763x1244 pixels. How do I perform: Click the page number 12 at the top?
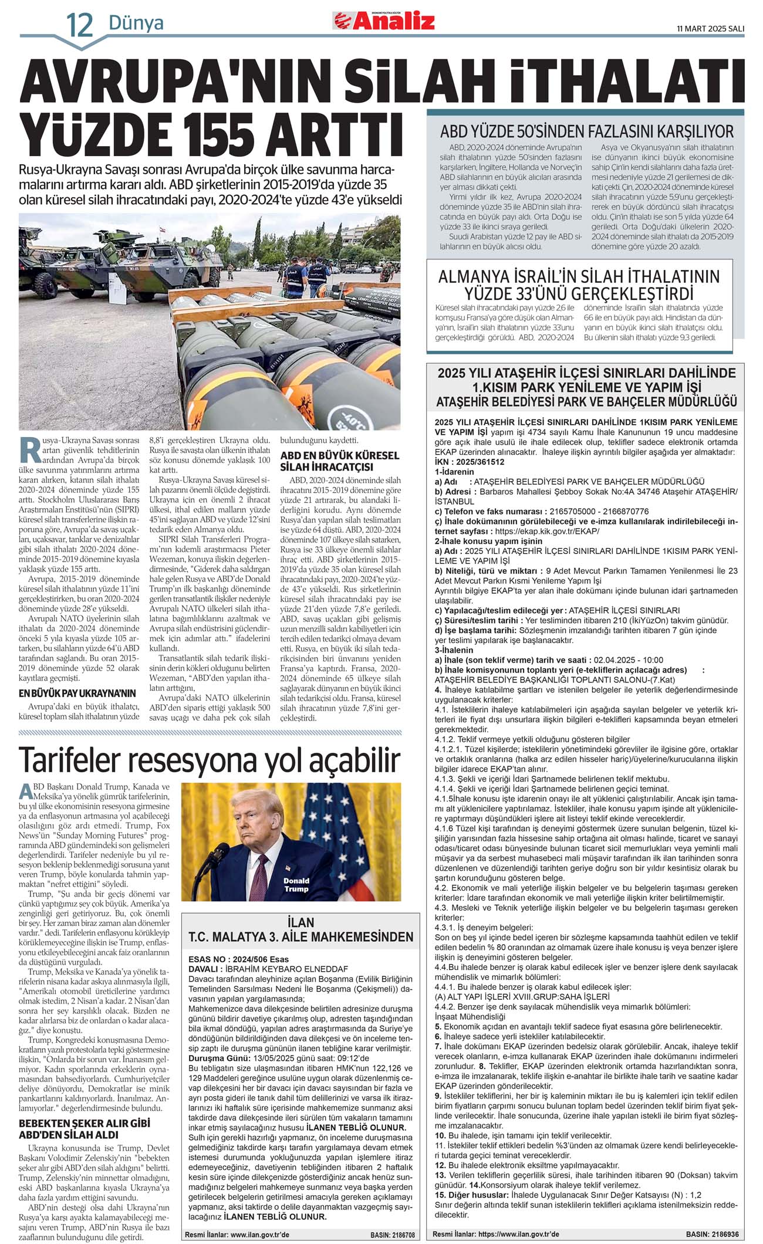80,25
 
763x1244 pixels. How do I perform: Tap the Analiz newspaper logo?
385,21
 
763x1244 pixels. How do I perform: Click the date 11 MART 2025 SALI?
710,28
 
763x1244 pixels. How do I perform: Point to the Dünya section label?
136,23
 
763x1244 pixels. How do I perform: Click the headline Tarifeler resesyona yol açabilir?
210,760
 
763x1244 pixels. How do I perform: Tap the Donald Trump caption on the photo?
296,885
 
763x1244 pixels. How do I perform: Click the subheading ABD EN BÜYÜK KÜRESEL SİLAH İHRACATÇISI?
339,461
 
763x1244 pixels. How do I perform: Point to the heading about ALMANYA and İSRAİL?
579,284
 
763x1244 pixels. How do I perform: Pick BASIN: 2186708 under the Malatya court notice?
392,1235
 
